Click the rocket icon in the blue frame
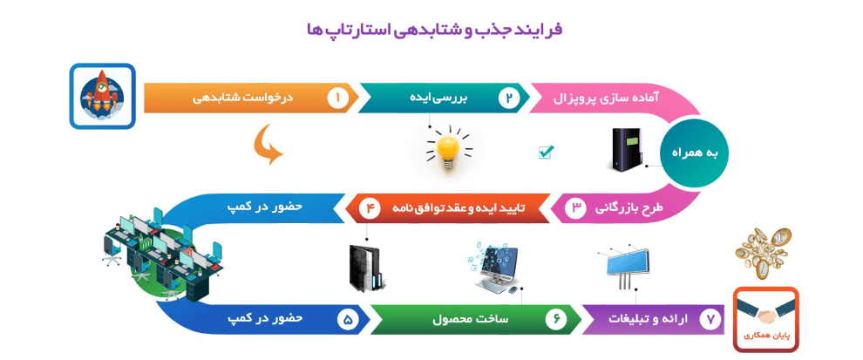[102, 96]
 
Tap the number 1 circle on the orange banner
[337, 98]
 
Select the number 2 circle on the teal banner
[509, 98]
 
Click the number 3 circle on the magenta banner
[576, 209]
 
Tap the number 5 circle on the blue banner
[348, 320]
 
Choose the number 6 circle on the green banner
[556, 320]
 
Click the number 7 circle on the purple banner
[710, 320]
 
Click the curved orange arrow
[268, 145]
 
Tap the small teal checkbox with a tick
[546, 152]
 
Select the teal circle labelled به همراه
[693, 154]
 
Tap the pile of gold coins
[764, 253]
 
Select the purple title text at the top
[435, 30]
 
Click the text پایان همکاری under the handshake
[765, 336]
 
